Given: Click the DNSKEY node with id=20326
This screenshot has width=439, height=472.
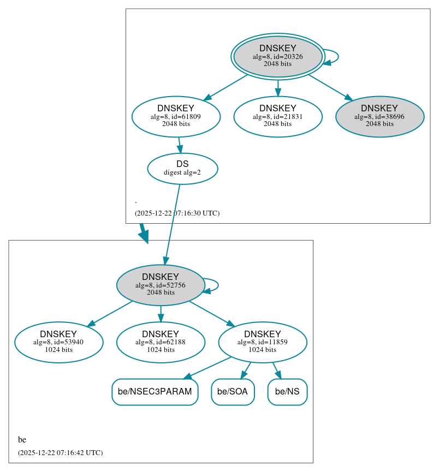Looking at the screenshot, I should point(277,56).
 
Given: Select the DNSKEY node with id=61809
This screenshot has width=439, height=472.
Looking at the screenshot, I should point(176,116).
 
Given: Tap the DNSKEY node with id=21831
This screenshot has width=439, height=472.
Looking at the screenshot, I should point(277,116).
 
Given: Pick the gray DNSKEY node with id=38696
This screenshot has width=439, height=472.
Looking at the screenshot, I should point(379,116).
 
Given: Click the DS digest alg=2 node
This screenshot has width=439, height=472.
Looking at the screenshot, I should point(182,168).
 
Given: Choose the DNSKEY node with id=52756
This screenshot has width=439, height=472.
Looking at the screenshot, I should point(161,285).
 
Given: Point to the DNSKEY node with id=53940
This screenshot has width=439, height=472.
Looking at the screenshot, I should point(58,342).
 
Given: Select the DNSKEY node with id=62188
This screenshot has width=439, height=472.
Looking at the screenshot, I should point(161,342).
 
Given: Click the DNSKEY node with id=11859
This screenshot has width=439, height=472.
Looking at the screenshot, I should point(263,342).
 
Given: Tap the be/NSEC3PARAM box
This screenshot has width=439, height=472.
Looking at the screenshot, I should point(155,392).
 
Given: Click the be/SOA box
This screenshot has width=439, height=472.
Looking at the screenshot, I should point(233,392).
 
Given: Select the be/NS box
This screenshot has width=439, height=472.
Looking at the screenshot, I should point(287,392).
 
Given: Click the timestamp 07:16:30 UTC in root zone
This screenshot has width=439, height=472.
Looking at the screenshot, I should point(177,213).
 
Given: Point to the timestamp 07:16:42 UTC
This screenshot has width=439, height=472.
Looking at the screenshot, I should point(60,452).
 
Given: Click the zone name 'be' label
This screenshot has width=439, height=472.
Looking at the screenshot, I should point(22,439).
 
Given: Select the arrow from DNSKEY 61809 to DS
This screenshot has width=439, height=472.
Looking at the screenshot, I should point(179,145).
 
